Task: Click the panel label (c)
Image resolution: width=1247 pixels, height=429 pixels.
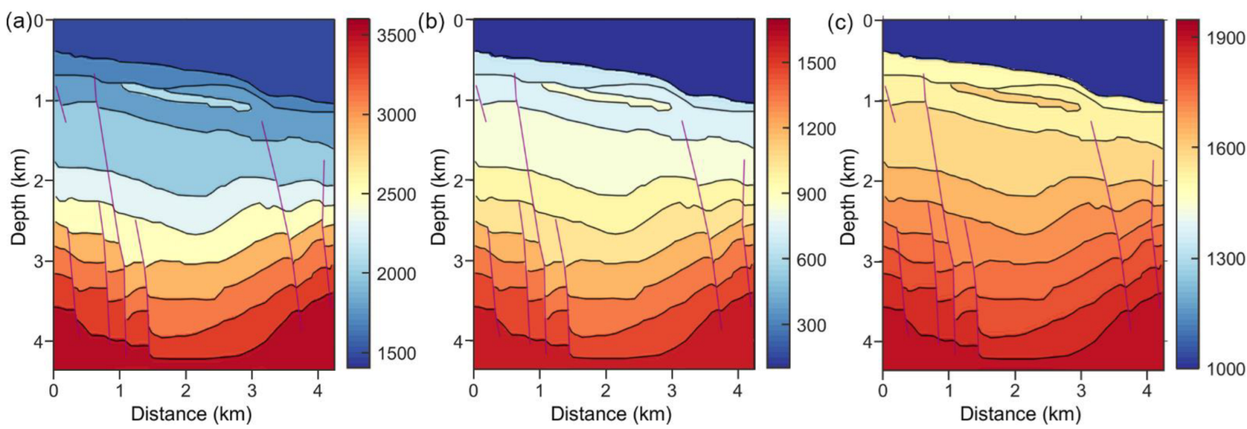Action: point(841,22)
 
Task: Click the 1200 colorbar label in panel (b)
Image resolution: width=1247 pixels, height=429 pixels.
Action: point(816,129)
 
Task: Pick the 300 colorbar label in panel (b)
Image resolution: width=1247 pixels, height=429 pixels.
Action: point(810,326)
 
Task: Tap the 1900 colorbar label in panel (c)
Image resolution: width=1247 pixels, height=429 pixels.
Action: point(1225,39)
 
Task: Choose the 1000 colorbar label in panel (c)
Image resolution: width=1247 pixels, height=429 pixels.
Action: point(1225,369)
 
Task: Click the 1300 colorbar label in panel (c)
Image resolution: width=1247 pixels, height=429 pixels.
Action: point(1225,259)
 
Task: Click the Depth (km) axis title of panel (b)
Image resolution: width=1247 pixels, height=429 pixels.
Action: point(438,196)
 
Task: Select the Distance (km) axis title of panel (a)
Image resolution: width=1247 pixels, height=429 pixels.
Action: point(191,414)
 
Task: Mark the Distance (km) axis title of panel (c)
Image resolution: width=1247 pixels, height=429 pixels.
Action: point(1020,414)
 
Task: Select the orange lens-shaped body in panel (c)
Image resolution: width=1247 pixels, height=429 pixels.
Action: point(1019,96)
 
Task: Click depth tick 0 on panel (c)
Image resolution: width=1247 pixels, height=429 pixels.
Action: point(867,20)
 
